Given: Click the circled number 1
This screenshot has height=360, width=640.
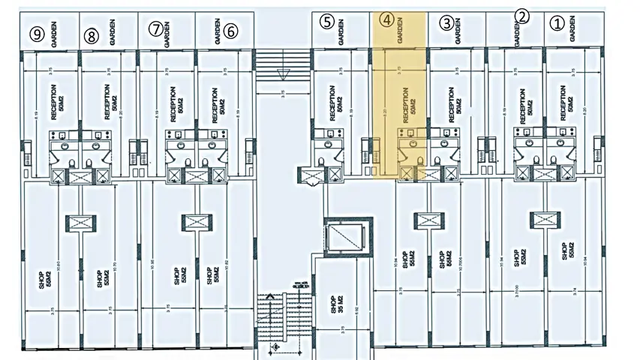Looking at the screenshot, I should point(556,23).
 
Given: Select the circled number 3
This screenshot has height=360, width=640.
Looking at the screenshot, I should point(446,22).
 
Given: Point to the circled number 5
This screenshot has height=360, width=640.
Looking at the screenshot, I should point(326,21).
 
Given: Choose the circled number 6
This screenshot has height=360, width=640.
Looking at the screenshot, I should point(231,31).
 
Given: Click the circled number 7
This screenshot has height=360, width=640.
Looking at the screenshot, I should point(155,29).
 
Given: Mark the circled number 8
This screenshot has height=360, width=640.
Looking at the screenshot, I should point(92,34).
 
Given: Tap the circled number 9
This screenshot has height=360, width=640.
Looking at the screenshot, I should point(35,34).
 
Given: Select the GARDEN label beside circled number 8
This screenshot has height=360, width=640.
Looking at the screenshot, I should point(112,34).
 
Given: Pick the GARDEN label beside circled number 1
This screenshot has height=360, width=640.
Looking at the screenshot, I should point(572,30).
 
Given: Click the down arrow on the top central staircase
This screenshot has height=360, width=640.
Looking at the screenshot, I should point(283,73).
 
